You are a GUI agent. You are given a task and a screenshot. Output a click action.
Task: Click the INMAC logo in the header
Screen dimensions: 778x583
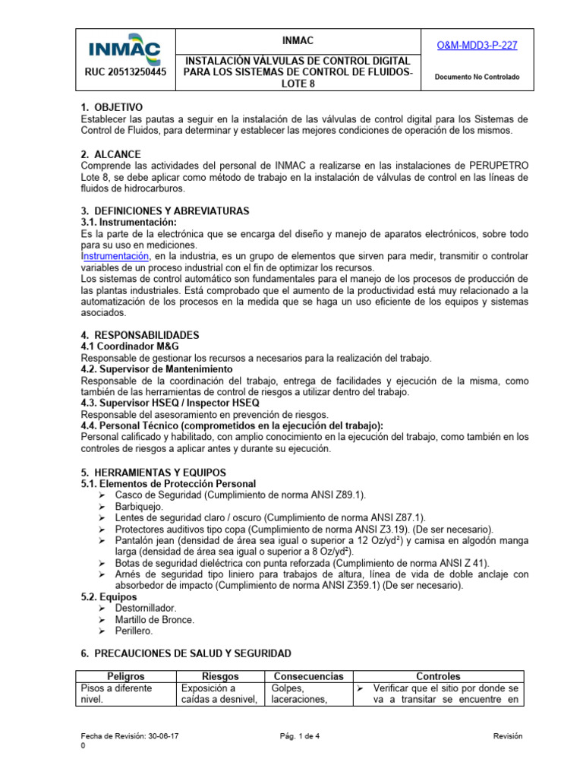125,49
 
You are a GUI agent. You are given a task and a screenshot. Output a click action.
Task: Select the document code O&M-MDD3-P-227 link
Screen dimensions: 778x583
477,46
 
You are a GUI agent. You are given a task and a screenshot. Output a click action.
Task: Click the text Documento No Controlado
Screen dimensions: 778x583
477,77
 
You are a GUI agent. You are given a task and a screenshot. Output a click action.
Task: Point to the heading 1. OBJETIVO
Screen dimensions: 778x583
112,107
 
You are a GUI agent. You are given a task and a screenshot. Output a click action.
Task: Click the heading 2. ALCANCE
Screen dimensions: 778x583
110,154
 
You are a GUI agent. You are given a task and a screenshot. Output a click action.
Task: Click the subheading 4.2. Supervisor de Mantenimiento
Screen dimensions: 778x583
156,369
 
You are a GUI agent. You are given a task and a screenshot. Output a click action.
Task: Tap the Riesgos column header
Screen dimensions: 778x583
220,676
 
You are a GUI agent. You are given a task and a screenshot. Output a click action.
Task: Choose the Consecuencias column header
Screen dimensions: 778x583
308,676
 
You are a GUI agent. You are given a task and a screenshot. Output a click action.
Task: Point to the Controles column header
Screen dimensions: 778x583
438,676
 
